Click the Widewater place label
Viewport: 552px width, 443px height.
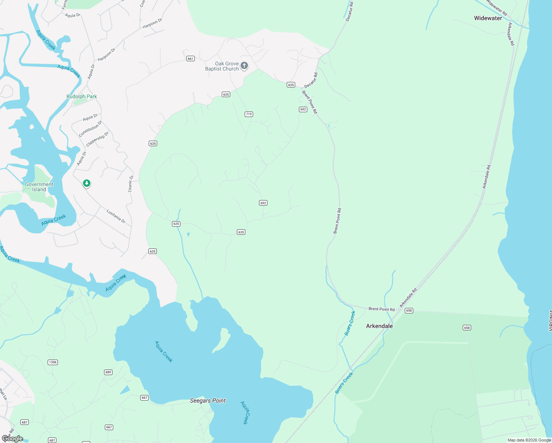point(488,18)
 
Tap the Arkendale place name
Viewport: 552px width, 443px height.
point(379,326)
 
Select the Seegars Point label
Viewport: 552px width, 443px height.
point(208,401)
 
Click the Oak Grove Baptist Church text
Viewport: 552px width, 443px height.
point(222,66)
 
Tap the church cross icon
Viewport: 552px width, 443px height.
point(244,66)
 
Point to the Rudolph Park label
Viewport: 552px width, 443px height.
point(82,96)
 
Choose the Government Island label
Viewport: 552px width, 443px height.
point(39,187)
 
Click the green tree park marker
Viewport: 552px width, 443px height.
point(87,183)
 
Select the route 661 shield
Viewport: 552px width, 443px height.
point(190,59)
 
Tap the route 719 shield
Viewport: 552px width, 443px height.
point(249,114)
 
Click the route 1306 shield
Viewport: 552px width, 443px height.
point(53,362)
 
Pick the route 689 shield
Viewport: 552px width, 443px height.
point(108,372)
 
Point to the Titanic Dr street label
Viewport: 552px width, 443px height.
point(131,183)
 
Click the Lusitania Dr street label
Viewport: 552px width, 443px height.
point(116,216)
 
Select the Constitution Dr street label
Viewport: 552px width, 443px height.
point(90,129)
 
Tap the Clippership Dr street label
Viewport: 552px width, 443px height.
point(97,139)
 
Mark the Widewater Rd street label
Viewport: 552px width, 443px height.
point(497,8)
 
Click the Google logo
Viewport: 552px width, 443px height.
point(13,438)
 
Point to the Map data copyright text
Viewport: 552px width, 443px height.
point(529,440)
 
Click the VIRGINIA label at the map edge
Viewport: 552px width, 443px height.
point(549,321)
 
